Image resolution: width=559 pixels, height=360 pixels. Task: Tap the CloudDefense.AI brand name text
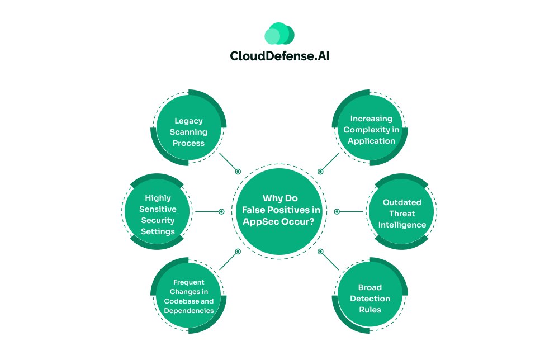[279, 56]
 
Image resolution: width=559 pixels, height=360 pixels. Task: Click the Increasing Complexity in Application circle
[371, 129]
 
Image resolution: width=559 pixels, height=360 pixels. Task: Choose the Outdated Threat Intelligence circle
[402, 213]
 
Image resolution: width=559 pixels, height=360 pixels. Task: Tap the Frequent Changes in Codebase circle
[190, 296]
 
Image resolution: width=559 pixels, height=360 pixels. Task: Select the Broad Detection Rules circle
[369, 299]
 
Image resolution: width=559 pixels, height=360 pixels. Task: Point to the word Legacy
[190, 120]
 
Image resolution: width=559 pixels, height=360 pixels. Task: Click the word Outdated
[402, 202]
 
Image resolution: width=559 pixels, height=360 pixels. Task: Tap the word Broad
[369, 287]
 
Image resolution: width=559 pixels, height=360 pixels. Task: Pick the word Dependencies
[190, 310]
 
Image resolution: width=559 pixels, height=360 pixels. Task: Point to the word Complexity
[371, 129]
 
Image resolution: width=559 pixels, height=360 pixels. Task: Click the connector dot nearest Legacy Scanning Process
[238, 172]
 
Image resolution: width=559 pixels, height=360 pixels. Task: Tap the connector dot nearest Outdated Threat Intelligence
[337, 212]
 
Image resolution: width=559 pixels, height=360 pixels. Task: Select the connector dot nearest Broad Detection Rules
[321, 252]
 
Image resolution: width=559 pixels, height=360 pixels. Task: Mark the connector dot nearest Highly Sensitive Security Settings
[221, 212]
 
